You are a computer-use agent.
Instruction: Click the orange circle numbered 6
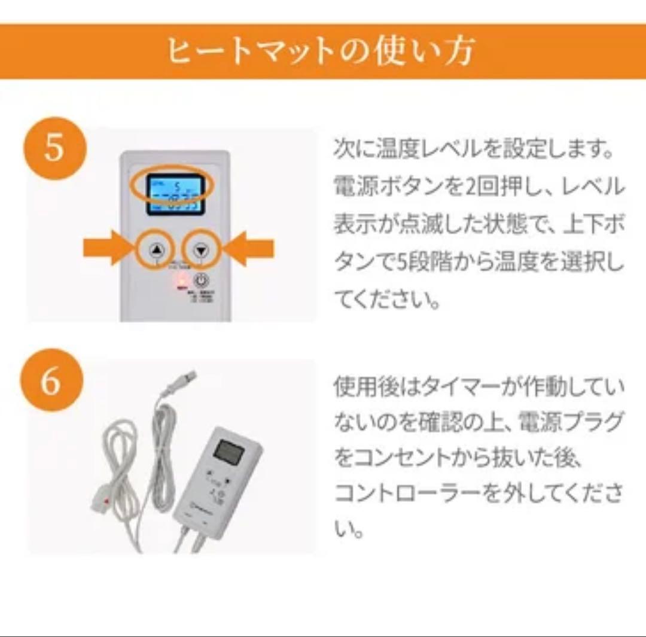pos(51,380)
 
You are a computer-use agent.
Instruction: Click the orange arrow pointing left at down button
pos(251,248)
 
